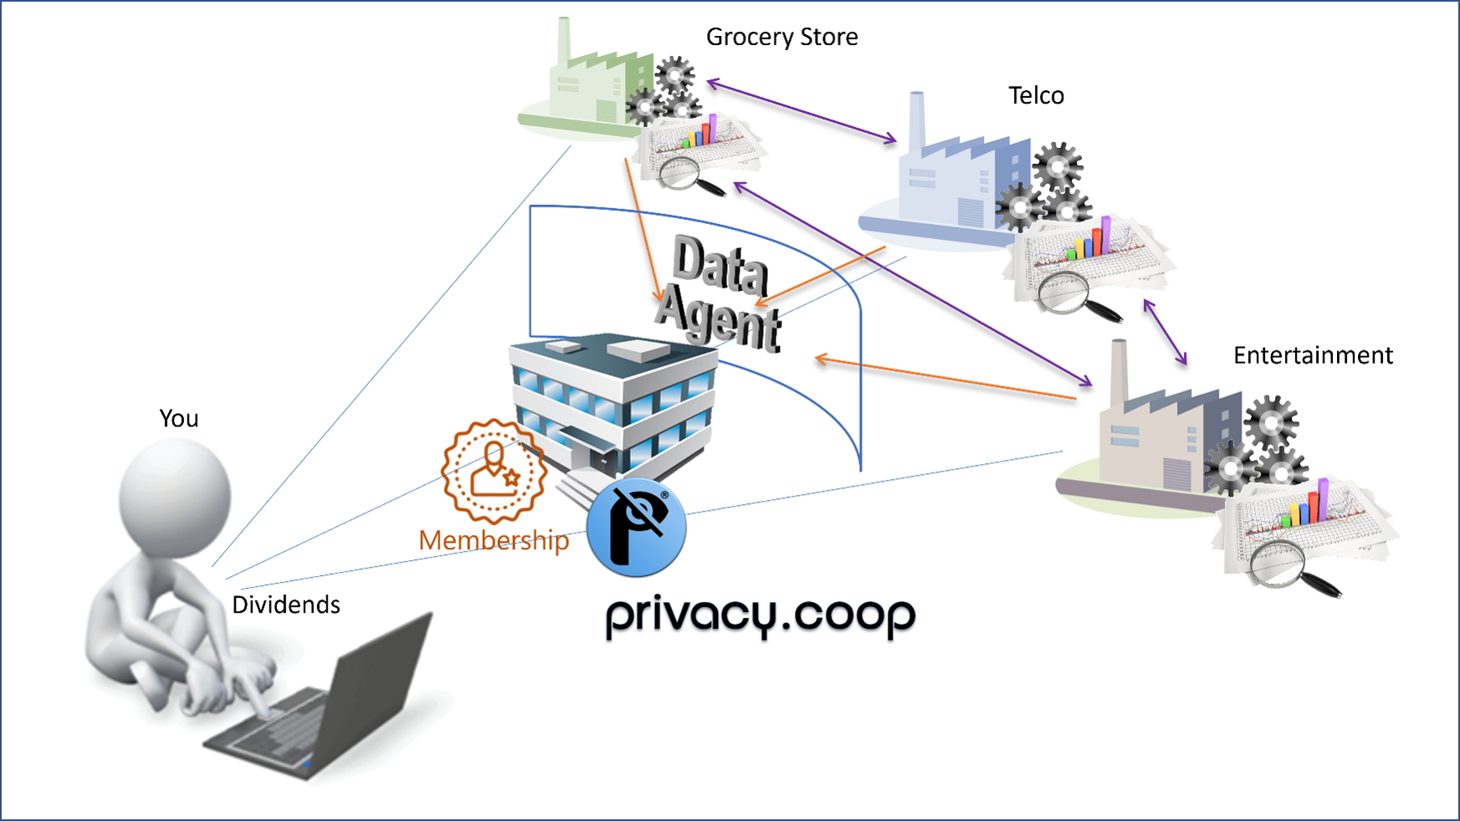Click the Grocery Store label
781,37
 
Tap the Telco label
1036,95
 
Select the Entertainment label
1312,355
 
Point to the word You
179,418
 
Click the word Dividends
286,604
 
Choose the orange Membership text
494,540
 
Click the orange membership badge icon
494,470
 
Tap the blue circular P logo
636,528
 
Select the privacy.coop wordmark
760,616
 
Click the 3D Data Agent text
720,293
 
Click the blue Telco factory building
945,184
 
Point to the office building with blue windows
615,401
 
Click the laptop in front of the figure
335,711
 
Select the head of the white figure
175,493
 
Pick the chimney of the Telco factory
917,121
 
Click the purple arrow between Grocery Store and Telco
802,111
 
